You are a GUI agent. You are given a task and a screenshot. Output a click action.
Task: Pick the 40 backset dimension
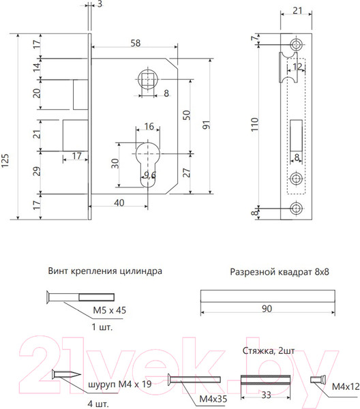pos(119,203)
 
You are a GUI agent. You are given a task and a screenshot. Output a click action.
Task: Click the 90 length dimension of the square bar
pos(267,309)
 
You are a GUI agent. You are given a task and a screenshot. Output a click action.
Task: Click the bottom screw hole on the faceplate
pos(296,209)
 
